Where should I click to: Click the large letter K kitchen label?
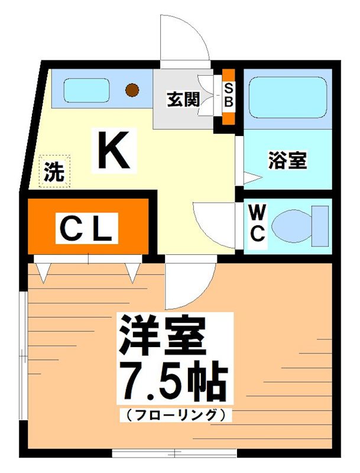113,150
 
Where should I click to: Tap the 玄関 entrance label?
183,99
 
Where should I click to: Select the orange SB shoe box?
228,96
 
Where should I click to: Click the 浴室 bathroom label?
287,160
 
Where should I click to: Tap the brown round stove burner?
133,90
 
